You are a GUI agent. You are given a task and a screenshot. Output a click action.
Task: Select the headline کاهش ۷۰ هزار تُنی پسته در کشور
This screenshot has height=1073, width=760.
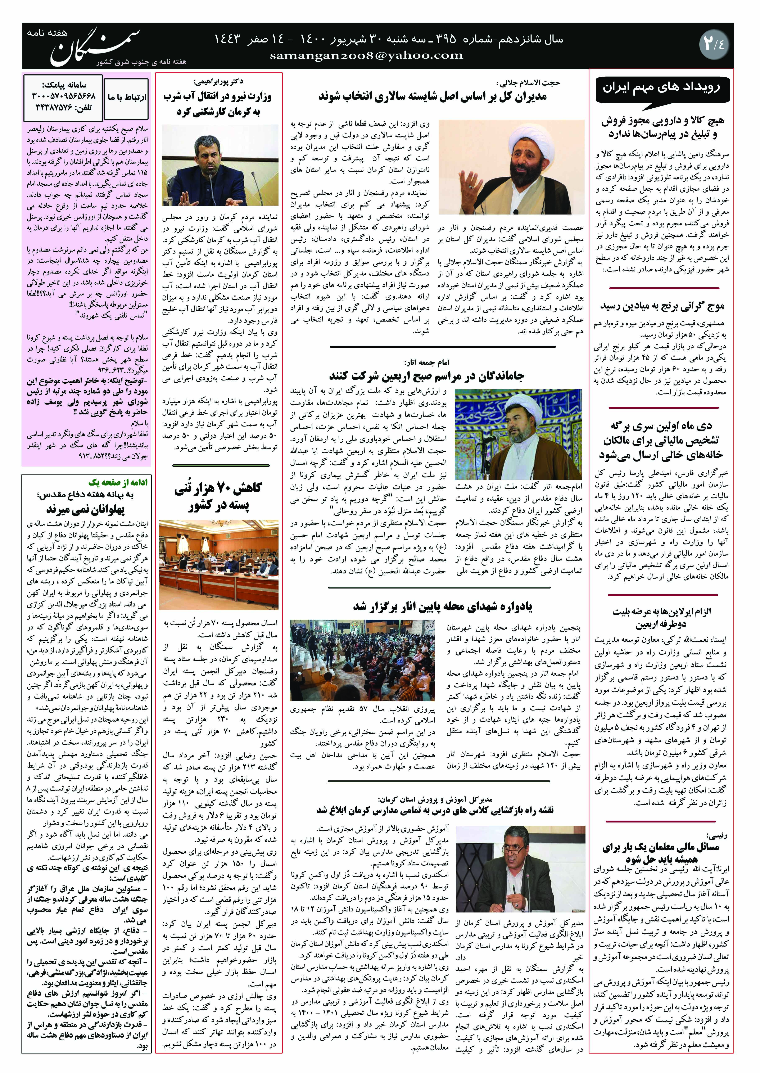(218, 496)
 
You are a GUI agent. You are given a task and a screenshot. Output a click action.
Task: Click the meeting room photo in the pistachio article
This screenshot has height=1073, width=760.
(218, 564)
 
